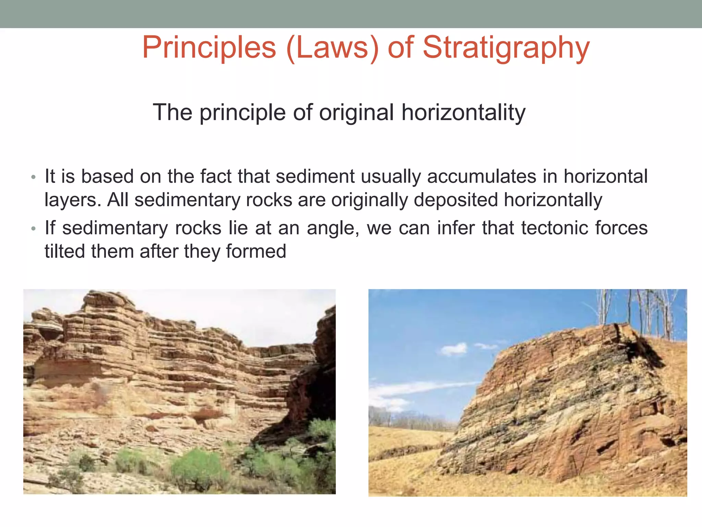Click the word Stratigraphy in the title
pyautogui.click(x=506, y=48)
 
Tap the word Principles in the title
pyautogui.click(x=209, y=48)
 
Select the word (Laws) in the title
pyautogui.click(x=332, y=48)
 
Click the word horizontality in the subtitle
pyautogui.click(x=463, y=113)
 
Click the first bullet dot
pyautogui.click(x=33, y=177)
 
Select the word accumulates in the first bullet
pyautogui.click(x=481, y=177)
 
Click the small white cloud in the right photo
pyautogui.click(x=454, y=349)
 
